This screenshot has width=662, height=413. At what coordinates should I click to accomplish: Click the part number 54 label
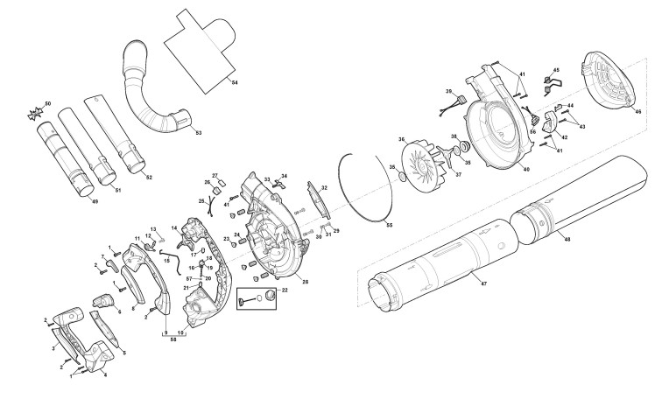point(235,81)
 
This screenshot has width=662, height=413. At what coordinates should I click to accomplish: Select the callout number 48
point(567,239)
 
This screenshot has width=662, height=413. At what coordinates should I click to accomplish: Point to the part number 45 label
point(556,70)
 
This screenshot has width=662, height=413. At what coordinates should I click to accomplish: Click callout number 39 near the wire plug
point(447,91)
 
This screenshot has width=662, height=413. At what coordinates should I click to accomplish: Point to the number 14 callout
point(174,228)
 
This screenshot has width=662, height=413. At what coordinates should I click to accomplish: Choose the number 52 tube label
point(149,178)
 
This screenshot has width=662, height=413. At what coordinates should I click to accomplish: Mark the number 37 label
point(456,173)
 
